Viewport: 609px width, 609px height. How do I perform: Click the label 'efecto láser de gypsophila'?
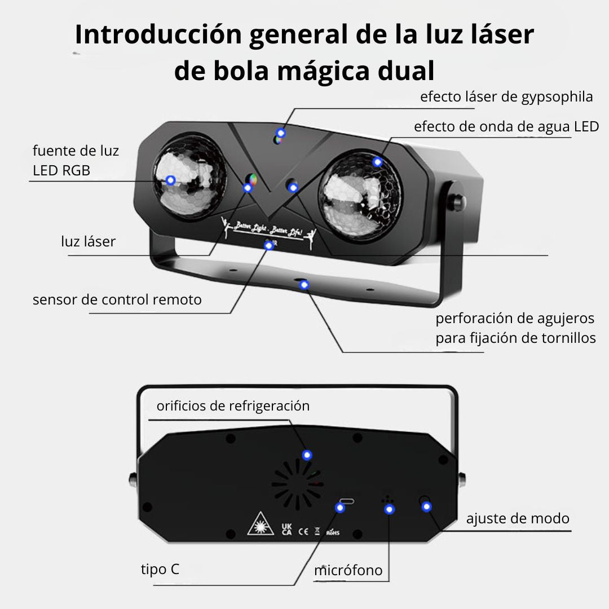[506, 97]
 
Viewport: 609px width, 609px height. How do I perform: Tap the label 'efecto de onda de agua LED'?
[506, 127]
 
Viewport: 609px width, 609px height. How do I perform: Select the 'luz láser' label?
[88, 241]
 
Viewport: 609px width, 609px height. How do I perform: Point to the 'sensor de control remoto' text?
[117, 300]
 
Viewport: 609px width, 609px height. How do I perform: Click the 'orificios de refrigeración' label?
[233, 406]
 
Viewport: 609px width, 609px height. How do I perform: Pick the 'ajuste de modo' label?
[518, 519]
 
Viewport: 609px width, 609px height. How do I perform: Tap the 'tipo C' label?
[160, 570]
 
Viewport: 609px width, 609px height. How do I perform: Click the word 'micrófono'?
[348, 570]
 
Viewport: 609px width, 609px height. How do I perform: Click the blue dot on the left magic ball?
[170, 180]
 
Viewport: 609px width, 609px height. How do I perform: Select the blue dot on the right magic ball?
[377, 162]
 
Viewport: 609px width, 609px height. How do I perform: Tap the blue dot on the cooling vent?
[307, 455]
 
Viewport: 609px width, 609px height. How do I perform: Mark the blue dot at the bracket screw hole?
[304, 285]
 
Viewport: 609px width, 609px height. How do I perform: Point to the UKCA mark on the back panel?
[286, 529]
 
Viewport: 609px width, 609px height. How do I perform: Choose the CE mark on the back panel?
[303, 531]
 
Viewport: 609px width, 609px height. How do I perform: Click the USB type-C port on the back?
[346, 501]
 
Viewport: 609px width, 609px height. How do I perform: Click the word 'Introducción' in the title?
[159, 34]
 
